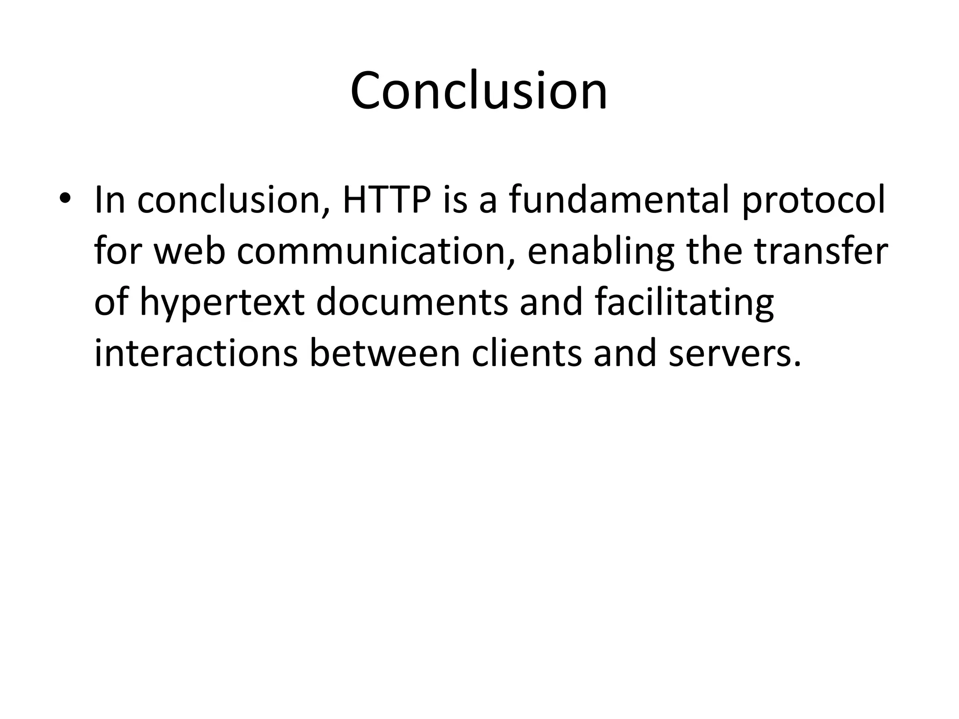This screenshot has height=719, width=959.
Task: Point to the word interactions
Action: (196, 353)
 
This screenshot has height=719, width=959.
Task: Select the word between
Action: (385, 353)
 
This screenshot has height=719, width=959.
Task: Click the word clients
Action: (526, 353)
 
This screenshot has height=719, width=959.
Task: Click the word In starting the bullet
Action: (110, 200)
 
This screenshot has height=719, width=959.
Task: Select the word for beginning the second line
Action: (118, 251)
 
